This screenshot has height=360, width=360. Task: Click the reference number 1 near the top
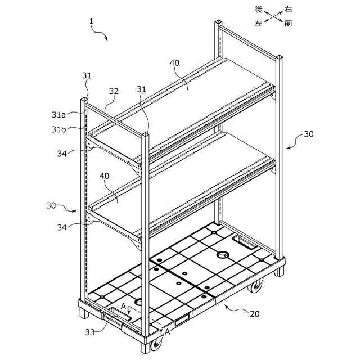pos(91,21)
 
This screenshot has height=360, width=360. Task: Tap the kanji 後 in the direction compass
pos(259,9)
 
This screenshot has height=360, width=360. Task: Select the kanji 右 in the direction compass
pos(289,9)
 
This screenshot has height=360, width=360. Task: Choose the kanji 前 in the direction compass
pos(289,24)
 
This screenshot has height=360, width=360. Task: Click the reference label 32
pos(114,91)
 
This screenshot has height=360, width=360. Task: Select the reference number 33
pos(90,332)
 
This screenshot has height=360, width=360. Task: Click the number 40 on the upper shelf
pos(175,63)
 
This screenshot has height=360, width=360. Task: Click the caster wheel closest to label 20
pos(256,287)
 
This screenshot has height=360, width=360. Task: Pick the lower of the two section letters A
pos(166,332)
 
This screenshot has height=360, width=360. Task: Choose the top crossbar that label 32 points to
pos(118,118)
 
